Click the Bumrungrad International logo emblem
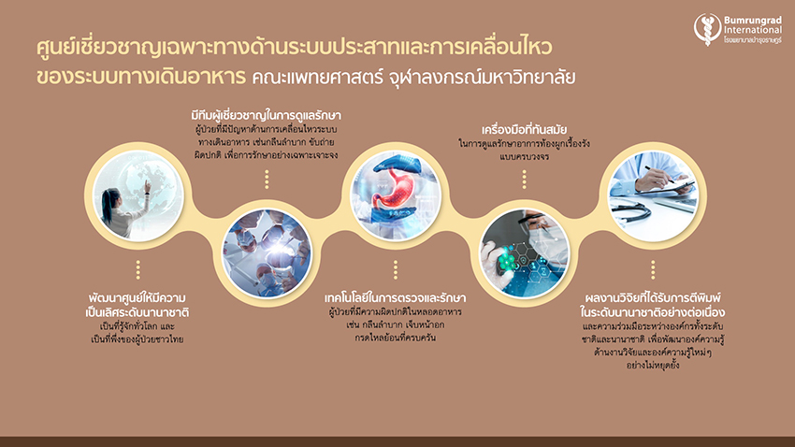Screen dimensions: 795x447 click(x=707, y=29)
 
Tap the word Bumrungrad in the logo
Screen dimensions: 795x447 click(x=752, y=21)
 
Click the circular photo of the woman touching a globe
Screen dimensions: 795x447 click(x=137, y=195)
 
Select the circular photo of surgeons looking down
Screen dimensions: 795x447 click(x=267, y=253)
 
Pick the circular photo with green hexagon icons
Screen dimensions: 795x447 click(x=525, y=253)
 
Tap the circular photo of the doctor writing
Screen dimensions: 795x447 click(x=653, y=195)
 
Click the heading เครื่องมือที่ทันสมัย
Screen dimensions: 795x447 click(x=525, y=130)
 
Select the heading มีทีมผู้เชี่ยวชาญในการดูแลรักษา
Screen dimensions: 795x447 click(x=267, y=116)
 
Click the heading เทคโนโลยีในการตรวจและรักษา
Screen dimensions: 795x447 click(x=395, y=297)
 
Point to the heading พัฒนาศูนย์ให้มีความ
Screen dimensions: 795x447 click(x=137, y=297)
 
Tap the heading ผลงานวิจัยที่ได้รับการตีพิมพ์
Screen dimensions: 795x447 click(x=653, y=297)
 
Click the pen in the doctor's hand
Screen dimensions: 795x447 click(x=659, y=174)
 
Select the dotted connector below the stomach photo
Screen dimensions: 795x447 click(x=396, y=270)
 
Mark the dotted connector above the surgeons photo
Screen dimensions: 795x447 click(x=267, y=180)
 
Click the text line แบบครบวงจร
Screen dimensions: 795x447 click(x=525, y=156)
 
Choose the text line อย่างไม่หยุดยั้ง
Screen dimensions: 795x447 click(x=653, y=365)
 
